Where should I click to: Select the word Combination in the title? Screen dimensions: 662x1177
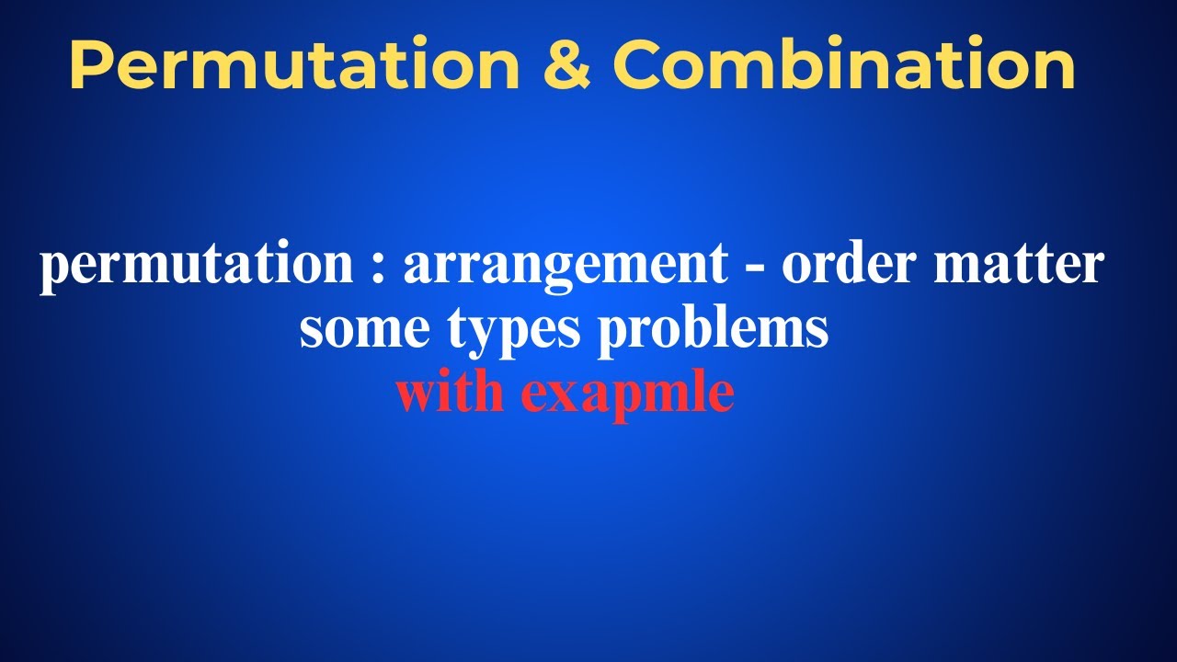point(844,66)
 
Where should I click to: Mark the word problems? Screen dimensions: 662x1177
point(714,329)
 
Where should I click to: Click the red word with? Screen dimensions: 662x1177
point(451,393)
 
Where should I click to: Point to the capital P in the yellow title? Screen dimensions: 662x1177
point(89,66)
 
